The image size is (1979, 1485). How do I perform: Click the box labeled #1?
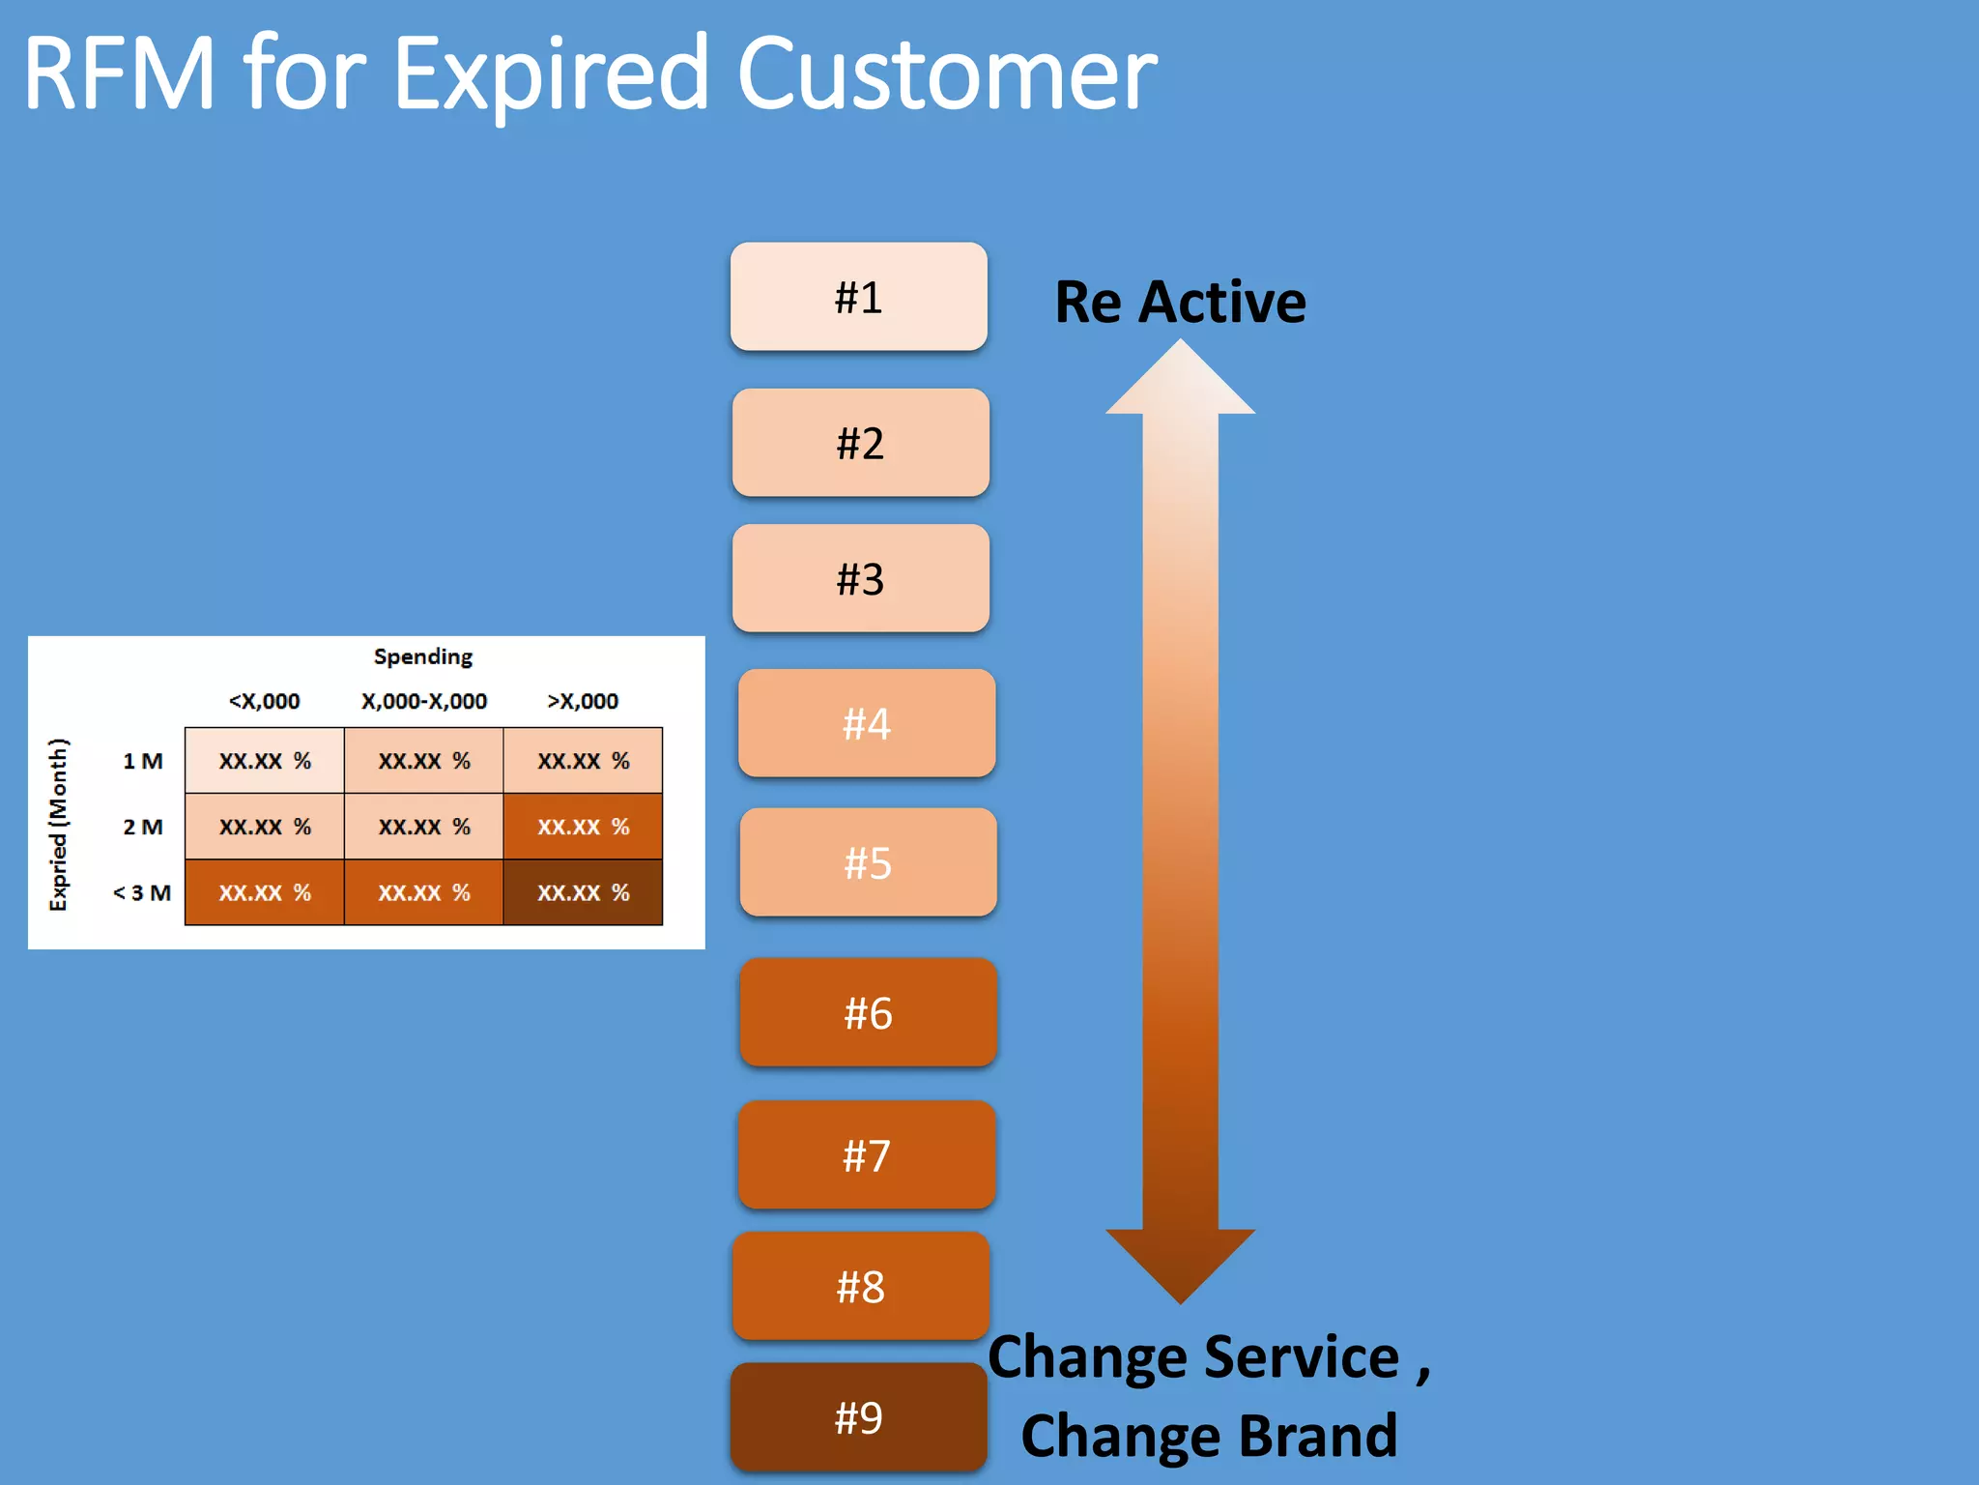[x=858, y=297]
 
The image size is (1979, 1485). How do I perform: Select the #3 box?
[x=860, y=578]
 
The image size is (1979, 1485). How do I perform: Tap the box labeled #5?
[x=867, y=862]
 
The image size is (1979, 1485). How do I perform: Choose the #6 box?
[x=867, y=1012]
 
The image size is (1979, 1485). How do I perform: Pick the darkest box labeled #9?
[x=858, y=1417]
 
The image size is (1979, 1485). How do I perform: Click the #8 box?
[x=860, y=1286]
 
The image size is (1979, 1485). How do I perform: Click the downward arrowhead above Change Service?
[x=1180, y=1262]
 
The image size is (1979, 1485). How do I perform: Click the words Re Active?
[x=1180, y=302]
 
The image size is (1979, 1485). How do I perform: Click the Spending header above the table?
[x=423, y=656]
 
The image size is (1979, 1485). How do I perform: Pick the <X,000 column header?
[x=264, y=701]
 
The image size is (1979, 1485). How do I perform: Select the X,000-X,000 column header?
[x=423, y=701]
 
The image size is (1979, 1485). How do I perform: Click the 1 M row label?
[x=142, y=761]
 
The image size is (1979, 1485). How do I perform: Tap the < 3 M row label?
[x=142, y=892]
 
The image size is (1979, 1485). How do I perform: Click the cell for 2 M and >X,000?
[x=583, y=827]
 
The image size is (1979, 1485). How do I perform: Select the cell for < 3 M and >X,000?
[x=583, y=892]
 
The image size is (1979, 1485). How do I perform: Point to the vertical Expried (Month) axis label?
[x=59, y=825]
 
